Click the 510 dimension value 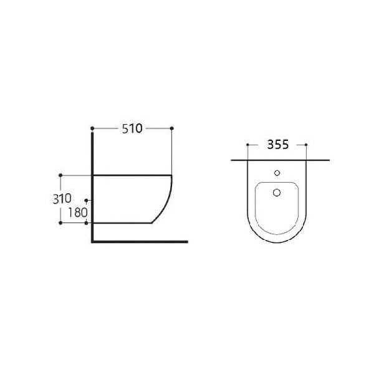(x=132, y=128)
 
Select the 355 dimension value (x=278, y=145)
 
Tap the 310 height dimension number (x=62, y=199)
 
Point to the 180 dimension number (x=78, y=213)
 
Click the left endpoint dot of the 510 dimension (x=92, y=128)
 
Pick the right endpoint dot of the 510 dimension (x=172, y=128)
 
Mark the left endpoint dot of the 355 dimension (x=247, y=145)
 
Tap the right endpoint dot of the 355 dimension (x=306, y=145)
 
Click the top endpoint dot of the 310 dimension (x=60, y=175)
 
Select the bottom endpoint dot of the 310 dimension (x=60, y=223)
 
